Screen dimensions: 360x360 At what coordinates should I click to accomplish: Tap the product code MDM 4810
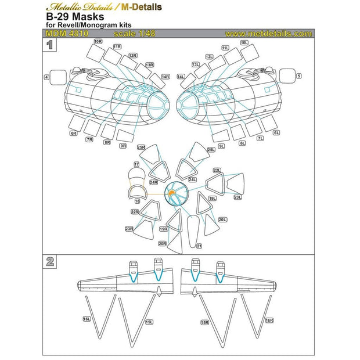[x=66, y=34]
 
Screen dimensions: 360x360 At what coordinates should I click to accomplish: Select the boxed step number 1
[x=51, y=44]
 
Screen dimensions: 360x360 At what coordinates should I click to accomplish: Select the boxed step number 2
[x=51, y=261]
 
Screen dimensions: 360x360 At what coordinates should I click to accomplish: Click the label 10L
[x=244, y=42]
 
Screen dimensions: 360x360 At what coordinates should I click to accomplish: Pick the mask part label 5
[x=299, y=76]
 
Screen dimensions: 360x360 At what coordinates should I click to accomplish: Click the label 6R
[x=74, y=134]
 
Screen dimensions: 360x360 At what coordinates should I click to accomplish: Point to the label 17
[x=136, y=165]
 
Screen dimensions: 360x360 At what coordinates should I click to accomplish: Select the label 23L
[x=237, y=197]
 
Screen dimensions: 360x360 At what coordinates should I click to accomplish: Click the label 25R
[x=141, y=147]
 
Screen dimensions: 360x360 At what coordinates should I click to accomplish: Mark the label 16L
[x=87, y=319]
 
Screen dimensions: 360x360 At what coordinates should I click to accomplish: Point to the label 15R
[x=204, y=321]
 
